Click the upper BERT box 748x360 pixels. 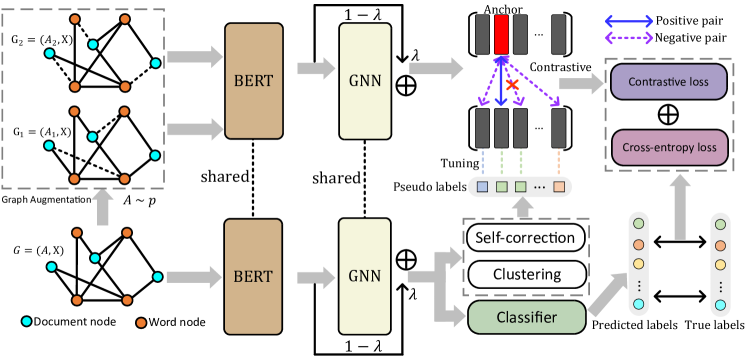coord(254,80)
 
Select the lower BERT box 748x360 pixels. coord(254,276)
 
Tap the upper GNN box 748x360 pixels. coord(366,80)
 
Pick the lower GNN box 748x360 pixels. coord(366,276)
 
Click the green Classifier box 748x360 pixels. coord(526,317)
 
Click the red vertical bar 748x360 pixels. coord(501,35)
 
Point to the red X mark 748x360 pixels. coord(512,86)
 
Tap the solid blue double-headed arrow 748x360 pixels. coord(629,21)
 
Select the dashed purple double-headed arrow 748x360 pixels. coord(629,38)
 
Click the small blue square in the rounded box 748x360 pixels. coord(483,186)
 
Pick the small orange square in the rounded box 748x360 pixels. coord(558,186)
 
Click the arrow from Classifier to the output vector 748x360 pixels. coord(604,298)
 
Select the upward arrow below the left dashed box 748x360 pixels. coord(100,207)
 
